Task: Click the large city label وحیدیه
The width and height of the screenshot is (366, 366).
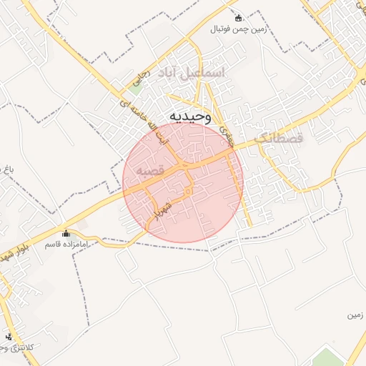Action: click(191, 117)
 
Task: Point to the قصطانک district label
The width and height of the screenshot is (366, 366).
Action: click(280, 136)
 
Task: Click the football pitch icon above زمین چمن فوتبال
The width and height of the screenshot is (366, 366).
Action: click(238, 18)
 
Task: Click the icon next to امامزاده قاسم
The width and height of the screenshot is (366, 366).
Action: click(66, 233)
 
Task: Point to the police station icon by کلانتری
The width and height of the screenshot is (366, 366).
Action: click(9, 337)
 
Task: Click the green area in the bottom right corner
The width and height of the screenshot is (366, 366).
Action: click(329, 357)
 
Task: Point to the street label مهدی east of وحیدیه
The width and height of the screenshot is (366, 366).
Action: click(228, 128)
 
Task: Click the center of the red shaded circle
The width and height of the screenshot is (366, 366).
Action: click(183, 182)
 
